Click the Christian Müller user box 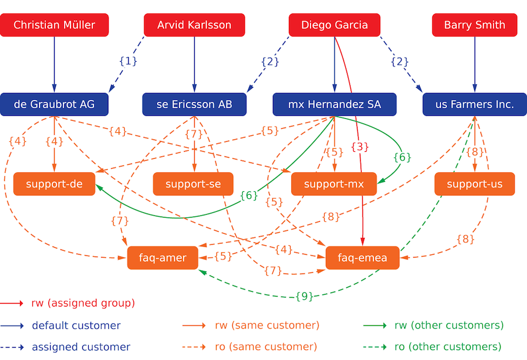click(54, 25)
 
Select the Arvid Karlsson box click(194, 25)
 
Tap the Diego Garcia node click(334, 25)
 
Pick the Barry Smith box click(475, 25)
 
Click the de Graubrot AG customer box click(54, 105)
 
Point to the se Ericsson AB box click(194, 105)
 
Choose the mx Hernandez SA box click(334, 105)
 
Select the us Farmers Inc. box click(475, 105)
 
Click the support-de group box click(54, 184)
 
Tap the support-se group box click(193, 184)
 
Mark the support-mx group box click(334, 184)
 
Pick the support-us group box click(475, 184)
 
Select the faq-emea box click(362, 258)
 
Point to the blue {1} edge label click(128, 61)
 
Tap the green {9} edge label click(304, 296)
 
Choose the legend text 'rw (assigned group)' click(83, 304)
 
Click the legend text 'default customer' click(76, 325)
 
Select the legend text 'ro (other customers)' click(448, 346)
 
